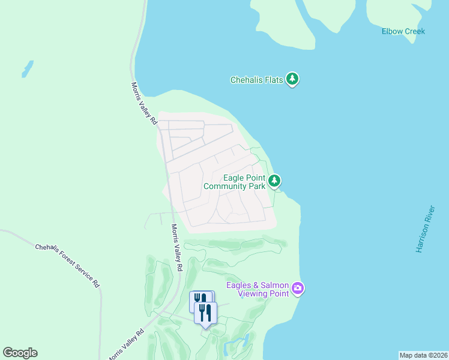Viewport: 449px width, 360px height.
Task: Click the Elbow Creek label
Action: pos(403,31)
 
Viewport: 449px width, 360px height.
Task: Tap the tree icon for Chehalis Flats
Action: pos(292,79)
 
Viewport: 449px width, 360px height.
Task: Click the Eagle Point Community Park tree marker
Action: pos(274,180)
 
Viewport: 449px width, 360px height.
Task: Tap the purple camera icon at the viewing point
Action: pos(297,289)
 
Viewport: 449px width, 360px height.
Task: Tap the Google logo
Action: pos(20,353)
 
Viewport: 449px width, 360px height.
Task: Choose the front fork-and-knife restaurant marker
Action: pos(205,313)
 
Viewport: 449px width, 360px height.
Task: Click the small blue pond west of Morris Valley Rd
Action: pos(28,68)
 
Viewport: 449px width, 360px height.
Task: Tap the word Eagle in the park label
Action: pos(234,178)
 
